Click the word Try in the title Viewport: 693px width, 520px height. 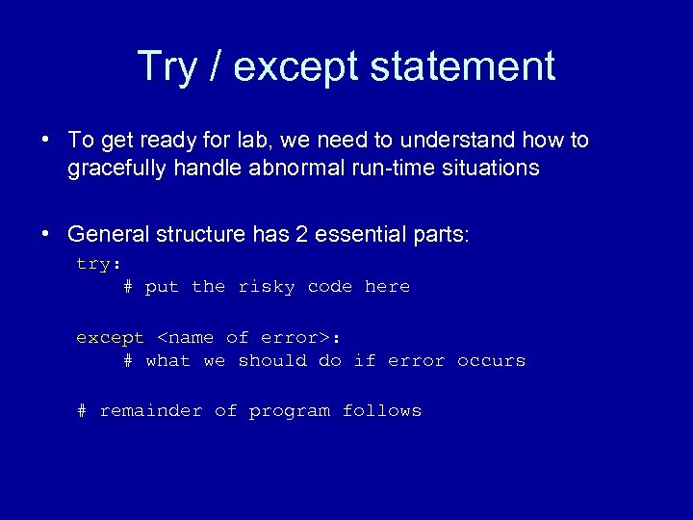167,66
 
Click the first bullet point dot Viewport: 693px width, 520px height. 46,141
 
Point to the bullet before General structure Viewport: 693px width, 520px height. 46,234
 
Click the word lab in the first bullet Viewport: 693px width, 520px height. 261,141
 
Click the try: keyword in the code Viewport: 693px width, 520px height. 98,264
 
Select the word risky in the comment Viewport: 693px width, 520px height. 267,287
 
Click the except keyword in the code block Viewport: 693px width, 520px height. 110,338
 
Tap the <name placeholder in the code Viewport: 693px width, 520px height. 185,338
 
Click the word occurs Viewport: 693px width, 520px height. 491,361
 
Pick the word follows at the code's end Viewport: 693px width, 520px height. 382,411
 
